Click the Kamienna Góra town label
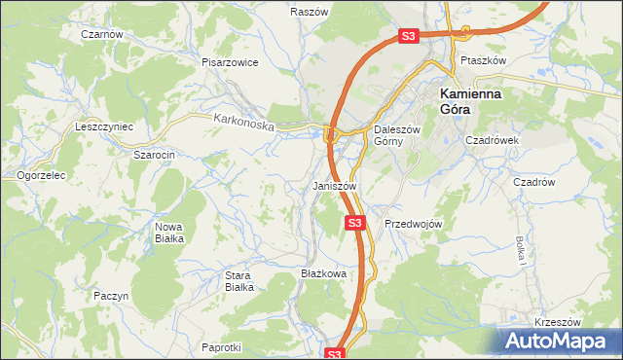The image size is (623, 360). [x=470, y=100]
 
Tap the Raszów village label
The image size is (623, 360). [x=308, y=13]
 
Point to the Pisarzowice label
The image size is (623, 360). [x=230, y=62]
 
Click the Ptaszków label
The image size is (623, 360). [x=484, y=60]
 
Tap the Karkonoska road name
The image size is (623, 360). [x=244, y=123]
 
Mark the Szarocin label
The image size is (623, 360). [x=154, y=154]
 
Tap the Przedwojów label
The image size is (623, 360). [x=414, y=224]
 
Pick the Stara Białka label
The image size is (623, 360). [x=239, y=281]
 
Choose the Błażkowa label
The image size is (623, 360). [x=324, y=274]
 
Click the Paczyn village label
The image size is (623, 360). [x=111, y=295]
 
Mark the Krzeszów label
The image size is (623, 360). [x=557, y=322]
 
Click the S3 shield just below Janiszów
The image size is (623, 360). [x=355, y=224]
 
